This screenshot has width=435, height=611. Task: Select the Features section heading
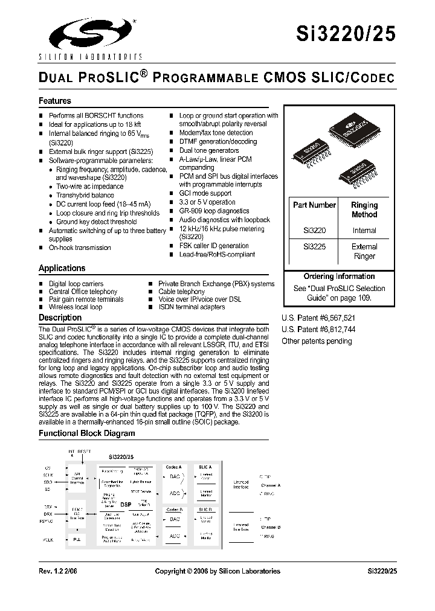click(x=55, y=101)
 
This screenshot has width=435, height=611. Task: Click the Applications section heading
click(x=62, y=268)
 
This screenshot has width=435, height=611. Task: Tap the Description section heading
click(x=60, y=318)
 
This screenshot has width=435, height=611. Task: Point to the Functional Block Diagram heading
click(x=87, y=433)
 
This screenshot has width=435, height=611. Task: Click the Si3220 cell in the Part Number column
click(x=314, y=231)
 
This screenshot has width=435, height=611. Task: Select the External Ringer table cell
click(x=364, y=251)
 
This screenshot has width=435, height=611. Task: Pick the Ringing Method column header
click(x=364, y=210)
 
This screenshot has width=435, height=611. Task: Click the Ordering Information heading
click(x=335, y=277)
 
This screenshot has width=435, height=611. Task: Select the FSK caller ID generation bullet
click(x=214, y=246)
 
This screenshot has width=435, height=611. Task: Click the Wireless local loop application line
click(x=76, y=307)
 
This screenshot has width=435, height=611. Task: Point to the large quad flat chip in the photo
click(x=352, y=127)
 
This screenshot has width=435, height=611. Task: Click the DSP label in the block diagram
click(x=126, y=504)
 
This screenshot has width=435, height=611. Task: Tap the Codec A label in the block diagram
click(x=174, y=467)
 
